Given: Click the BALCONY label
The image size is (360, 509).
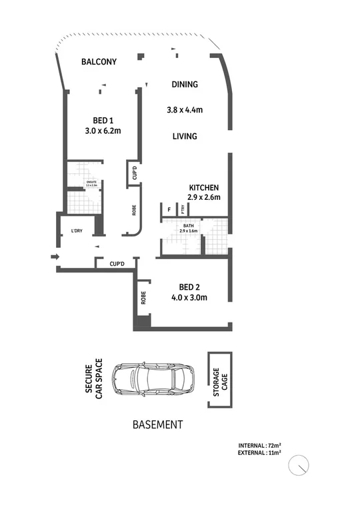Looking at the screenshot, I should coord(99,62).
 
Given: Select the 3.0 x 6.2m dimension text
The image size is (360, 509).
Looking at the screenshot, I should coord(103,131).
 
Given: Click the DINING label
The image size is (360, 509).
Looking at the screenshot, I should coord(185,85).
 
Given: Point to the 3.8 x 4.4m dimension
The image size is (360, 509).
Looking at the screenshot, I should coord(185,110).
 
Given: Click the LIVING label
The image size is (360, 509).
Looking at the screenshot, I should coord(185,137).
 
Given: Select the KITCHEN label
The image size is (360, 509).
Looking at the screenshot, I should coord(204,187).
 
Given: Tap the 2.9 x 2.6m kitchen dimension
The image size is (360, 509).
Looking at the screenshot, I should coord(204,198).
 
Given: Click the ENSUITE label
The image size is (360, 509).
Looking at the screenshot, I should coord(83,181).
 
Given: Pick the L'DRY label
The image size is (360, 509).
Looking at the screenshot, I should coord(76,233).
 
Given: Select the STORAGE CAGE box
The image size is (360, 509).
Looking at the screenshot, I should coord(217,380).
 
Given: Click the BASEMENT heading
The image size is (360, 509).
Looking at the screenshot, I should coord(158,424).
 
